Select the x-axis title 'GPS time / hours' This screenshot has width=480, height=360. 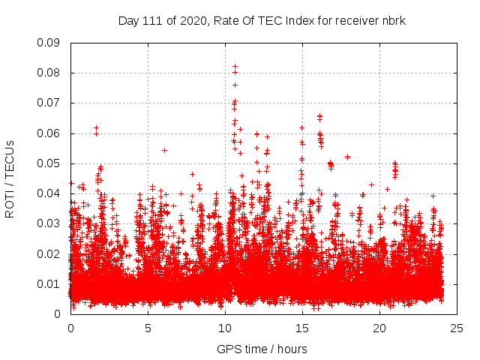pyautogui.click(x=262, y=349)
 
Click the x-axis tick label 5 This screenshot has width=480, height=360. pyautogui.click(x=148, y=328)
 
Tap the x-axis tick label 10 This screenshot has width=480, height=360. pyautogui.click(x=225, y=328)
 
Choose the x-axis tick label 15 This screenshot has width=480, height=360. pyautogui.click(x=302, y=328)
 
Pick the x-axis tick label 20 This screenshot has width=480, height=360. pyautogui.click(x=379, y=328)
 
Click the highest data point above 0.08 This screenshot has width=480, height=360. pyautogui.click(x=235, y=66)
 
